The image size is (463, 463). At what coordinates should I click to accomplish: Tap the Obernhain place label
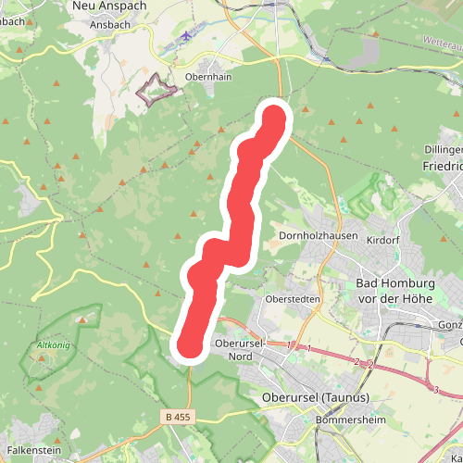tap(208, 77)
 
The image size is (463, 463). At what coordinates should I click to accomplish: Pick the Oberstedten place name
tap(292, 299)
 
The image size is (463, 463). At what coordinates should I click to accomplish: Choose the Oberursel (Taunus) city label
tap(310, 398)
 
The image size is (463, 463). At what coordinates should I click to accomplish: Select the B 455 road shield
tap(183, 417)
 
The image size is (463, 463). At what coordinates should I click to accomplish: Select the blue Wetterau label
tap(442, 44)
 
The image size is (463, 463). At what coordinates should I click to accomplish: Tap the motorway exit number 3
tap(435, 390)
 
